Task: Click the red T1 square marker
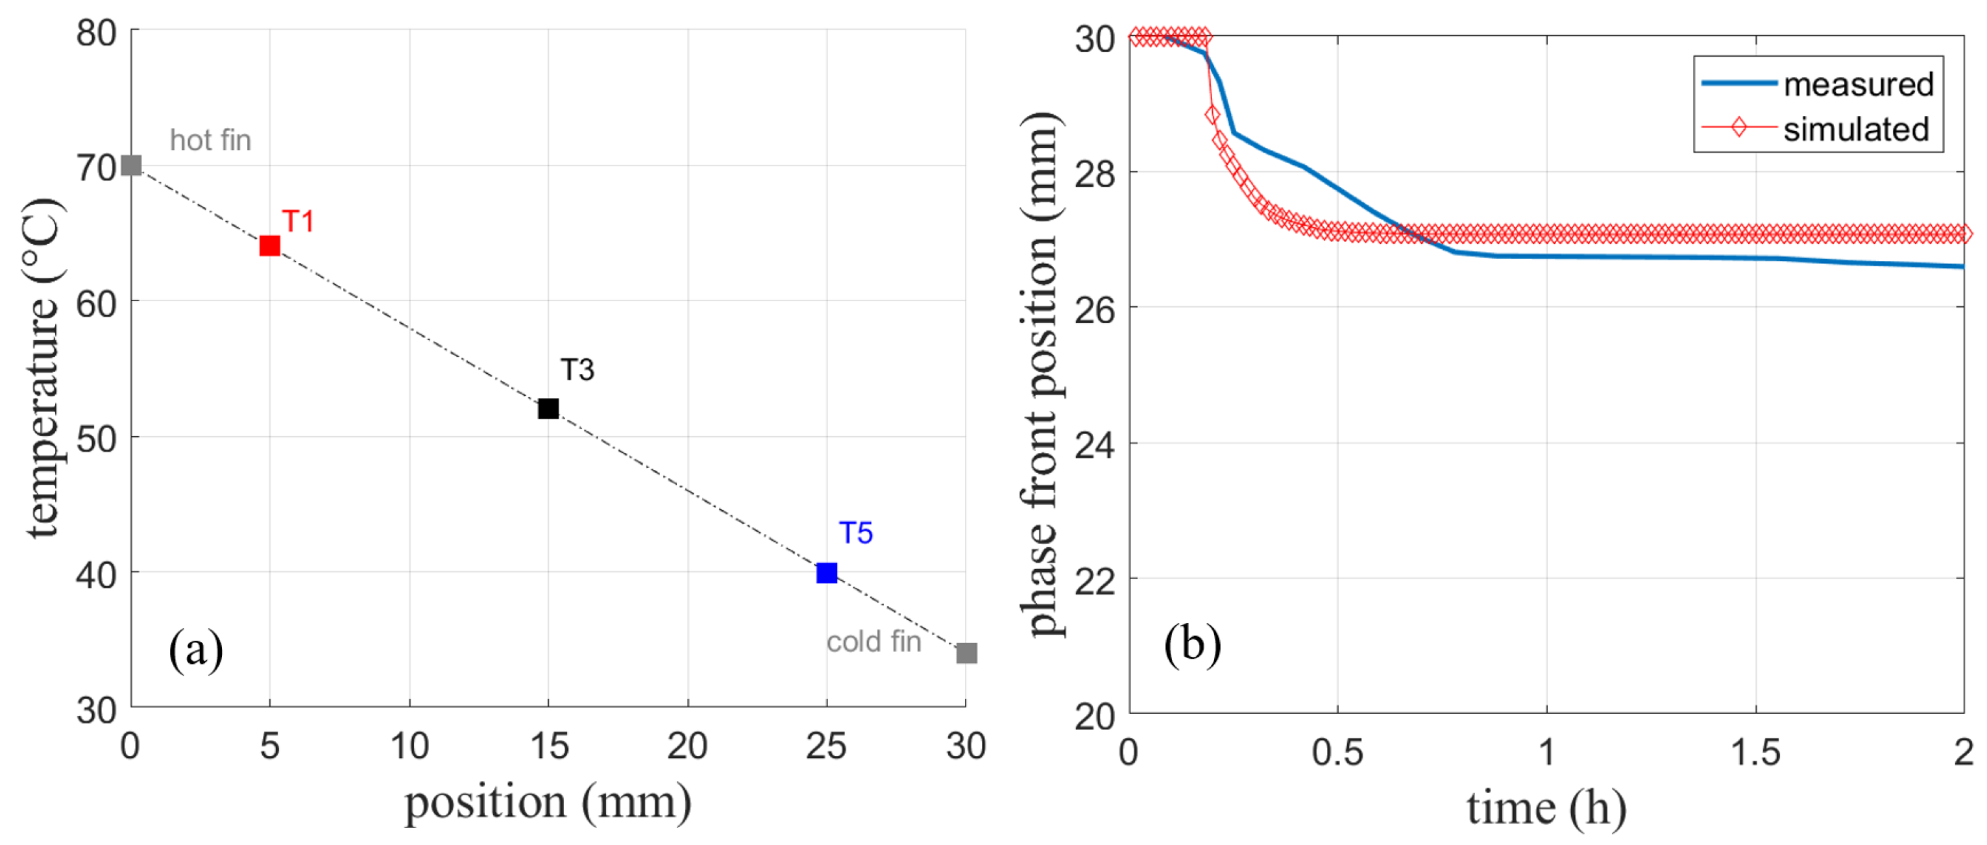click(269, 245)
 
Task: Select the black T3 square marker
click(548, 408)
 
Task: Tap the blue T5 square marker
click(826, 572)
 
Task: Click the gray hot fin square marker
click(131, 165)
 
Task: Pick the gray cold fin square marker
click(966, 653)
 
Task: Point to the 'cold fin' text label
click(873, 641)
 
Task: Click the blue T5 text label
click(855, 532)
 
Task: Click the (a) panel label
click(196, 649)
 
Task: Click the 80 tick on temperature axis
click(97, 33)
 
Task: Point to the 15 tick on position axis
click(548, 746)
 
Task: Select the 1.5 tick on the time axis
click(1755, 752)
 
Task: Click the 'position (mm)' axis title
click(548, 803)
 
